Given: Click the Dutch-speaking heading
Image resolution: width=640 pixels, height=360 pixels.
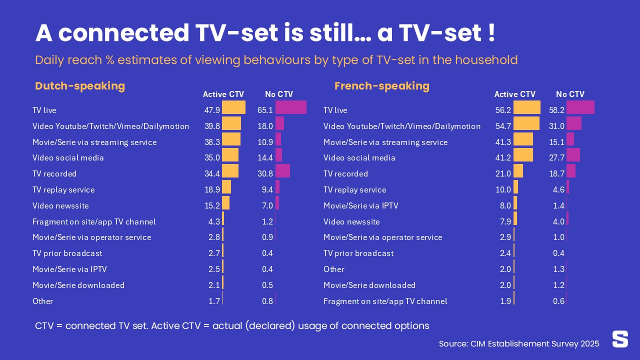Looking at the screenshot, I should click(x=80, y=86).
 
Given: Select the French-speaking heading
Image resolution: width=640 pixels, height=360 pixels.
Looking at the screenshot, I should click(x=381, y=86).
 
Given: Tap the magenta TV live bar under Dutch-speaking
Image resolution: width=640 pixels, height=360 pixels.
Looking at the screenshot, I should click(x=290, y=107).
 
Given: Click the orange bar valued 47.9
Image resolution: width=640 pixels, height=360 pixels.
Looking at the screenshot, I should click(x=233, y=107).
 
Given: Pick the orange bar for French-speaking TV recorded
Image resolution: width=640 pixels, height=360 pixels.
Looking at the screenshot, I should click(x=518, y=171).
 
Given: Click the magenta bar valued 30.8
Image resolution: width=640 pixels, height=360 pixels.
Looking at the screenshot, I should click(x=282, y=171).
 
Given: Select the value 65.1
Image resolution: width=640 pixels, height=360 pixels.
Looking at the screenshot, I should click(x=264, y=110).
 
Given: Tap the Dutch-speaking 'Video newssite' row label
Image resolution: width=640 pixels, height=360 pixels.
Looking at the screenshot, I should click(x=60, y=205).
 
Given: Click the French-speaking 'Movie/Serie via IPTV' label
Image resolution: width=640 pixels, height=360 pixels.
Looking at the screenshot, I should click(x=360, y=205).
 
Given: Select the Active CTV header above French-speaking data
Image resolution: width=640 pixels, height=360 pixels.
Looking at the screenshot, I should click(x=514, y=94).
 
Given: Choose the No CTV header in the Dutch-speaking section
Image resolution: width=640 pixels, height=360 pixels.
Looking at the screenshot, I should click(x=278, y=94).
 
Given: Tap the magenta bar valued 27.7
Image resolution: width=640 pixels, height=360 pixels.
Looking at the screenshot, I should click(x=573, y=155).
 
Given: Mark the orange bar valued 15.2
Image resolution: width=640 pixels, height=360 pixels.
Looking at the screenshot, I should click(x=225, y=203).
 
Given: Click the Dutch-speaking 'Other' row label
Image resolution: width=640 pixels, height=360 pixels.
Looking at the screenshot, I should click(x=42, y=301).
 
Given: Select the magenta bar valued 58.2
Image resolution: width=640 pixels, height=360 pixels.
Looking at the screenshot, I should click(x=580, y=107).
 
